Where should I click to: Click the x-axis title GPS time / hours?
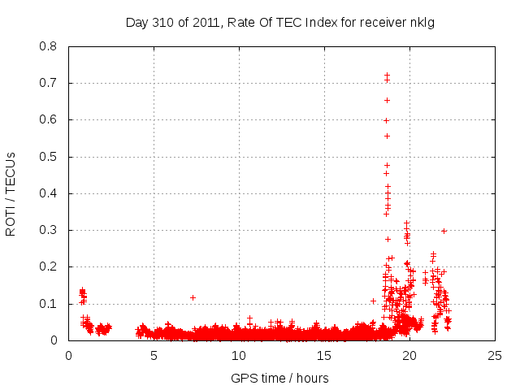tap(279, 378)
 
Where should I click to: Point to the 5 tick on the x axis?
tap(154, 355)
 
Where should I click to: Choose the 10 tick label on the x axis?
tap(239, 355)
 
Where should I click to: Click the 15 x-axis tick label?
tap(324, 355)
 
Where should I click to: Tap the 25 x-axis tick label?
tap(494, 355)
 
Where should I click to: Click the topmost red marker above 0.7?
tap(387, 76)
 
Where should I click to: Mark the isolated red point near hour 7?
tap(193, 297)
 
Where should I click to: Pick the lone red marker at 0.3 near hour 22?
tap(444, 231)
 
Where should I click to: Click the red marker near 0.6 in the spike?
tap(387, 120)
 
